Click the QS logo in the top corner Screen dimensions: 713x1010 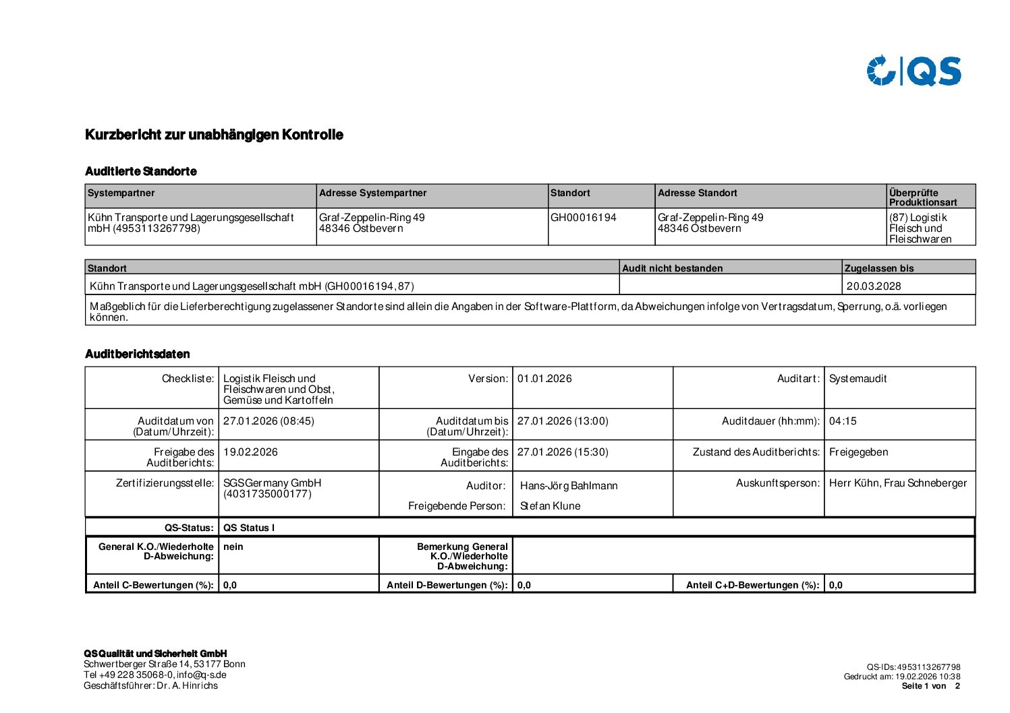point(914,71)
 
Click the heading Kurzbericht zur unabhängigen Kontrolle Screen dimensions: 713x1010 point(214,135)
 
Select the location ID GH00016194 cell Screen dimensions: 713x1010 point(584,218)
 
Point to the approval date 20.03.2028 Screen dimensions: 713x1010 point(874,286)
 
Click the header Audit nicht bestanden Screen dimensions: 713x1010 point(672,268)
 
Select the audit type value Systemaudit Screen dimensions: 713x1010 point(858,379)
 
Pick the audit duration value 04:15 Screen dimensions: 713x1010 point(843,421)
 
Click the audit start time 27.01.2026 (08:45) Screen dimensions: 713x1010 point(269,421)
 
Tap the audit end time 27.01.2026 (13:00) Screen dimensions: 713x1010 point(563,421)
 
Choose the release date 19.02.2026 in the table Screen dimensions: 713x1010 point(250,452)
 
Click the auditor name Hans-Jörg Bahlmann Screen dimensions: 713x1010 point(569,486)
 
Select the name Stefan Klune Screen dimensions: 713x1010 point(550,506)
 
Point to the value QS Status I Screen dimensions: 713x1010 point(249,528)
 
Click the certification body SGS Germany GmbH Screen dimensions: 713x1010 point(273,483)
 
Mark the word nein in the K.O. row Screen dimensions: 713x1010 point(233,547)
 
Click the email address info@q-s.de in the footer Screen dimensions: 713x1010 point(202,675)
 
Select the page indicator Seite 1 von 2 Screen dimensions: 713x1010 point(930,686)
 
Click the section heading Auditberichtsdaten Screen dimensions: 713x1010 point(138,354)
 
